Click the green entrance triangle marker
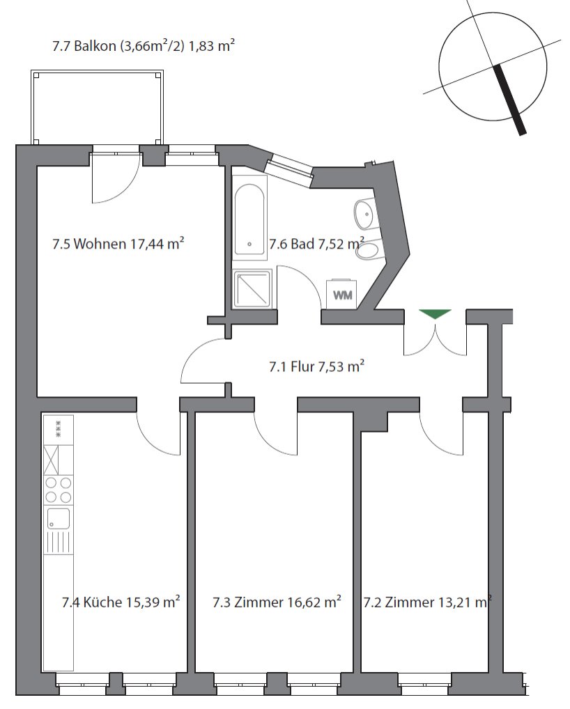[436, 314]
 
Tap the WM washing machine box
[342, 295]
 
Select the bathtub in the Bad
[249, 219]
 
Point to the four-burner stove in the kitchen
[58, 490]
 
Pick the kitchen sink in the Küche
[58, 518]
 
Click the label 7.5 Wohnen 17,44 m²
[118, 244]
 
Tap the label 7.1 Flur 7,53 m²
[317, 366]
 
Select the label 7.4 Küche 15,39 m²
[121, 602]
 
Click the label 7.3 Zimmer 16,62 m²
[276, 602]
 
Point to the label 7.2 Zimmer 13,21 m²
[426, 602]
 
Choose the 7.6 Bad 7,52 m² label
[316, 244]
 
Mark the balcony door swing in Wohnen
[113, 178]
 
